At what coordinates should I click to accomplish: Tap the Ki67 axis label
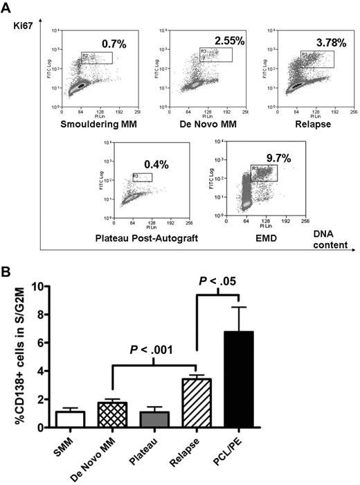pyautogui.click(x=23, y=25)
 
